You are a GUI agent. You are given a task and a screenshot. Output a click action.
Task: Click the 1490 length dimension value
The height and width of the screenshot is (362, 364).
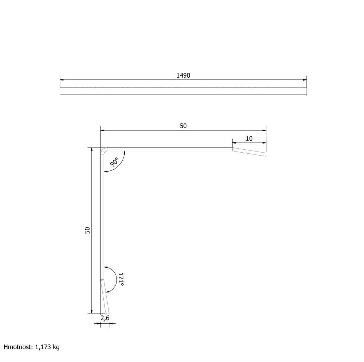point(183,75)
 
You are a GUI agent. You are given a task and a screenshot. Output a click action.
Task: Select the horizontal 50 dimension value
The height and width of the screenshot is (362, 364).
point(183,126)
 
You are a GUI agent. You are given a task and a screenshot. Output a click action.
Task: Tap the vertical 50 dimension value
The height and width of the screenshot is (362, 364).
point(87,230)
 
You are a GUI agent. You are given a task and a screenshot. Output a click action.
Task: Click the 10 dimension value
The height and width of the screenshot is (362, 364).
point(249,139)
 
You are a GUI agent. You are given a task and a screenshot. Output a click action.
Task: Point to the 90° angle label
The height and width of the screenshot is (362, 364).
point(114,162)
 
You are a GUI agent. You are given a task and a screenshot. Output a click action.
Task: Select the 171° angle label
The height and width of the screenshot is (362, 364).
point(121,280)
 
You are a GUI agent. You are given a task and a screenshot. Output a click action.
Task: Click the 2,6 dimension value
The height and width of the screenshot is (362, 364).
point(105,318)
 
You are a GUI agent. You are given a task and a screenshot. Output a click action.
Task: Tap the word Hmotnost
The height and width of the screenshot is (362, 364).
point(18,347)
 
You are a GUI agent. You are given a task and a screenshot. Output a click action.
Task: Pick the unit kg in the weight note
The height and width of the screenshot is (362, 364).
point(56,347)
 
